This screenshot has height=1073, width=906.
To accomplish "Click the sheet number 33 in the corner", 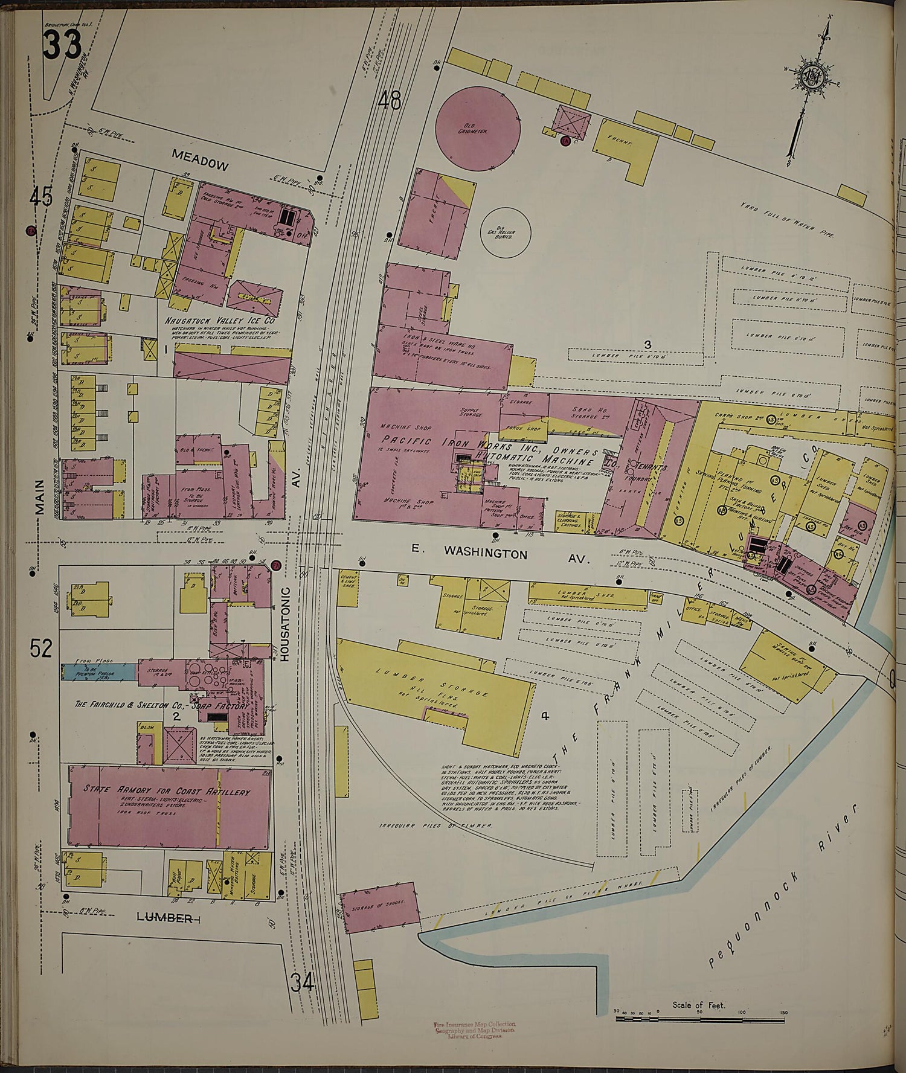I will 61,45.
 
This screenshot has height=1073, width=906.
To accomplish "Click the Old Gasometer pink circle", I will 478,128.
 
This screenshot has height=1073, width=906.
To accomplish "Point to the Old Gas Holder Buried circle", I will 505,231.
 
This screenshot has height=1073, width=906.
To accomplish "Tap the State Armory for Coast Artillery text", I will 167,792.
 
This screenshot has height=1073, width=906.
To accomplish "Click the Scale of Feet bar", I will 699,1019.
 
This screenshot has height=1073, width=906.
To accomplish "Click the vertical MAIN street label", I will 40,496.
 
